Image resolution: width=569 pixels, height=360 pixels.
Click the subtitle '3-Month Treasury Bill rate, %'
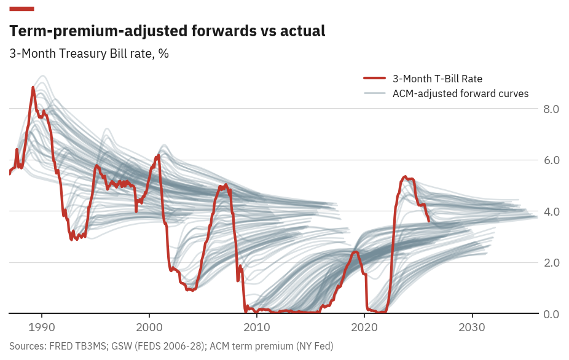tap(89, 53)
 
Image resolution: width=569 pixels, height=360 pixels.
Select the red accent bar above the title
tap(22, 9)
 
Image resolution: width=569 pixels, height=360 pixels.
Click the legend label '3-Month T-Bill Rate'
tap(437, 79)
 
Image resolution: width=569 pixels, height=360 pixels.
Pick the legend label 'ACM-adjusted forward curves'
tap(460, 93)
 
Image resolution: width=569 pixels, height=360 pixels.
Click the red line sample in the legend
tap(374, 79)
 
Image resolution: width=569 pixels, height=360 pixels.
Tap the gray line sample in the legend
tap(374, 93)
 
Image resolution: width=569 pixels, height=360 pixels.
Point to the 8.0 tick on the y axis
tap(551, 109)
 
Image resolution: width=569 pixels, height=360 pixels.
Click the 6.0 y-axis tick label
tap(551, 160)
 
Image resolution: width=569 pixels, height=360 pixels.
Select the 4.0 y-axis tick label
tap(551, 212)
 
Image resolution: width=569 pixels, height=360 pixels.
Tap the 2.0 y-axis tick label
tap(551, 263)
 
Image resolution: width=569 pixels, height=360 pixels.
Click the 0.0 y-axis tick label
tap(551, 315)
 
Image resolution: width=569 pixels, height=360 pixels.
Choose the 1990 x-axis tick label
tap(42, 326)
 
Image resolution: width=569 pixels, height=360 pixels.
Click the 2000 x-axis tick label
tap(149, 326)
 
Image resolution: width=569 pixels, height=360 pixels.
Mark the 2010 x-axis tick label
tap(257, 326)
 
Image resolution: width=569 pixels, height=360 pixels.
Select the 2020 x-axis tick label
tap(364, 326)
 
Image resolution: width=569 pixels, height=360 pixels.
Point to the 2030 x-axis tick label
tap(472, 326)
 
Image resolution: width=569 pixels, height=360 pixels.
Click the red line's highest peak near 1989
tap(33, 88)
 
